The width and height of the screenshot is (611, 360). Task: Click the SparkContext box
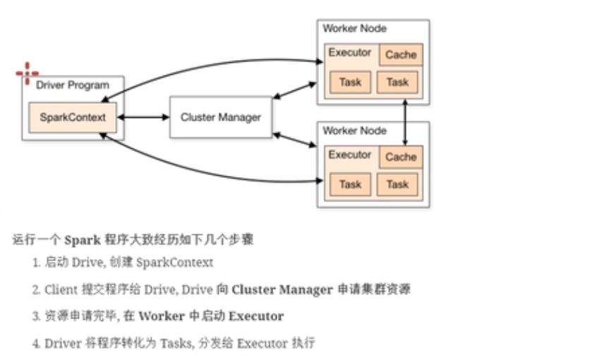click(x=73, y=117)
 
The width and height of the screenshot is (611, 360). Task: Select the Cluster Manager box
click(x=221, y=117)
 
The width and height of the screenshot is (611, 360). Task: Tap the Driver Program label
click(x=73, y=85)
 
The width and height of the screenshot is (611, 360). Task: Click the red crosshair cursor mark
click(x=27, y=72)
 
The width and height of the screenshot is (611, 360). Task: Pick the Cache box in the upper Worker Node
click(x=401, y=55)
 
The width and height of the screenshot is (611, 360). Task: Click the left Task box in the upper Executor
click(x=350, y=82)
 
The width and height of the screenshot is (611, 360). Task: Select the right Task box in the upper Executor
click(x=397, y=82)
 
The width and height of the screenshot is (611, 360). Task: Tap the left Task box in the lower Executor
click(x=350, y=184)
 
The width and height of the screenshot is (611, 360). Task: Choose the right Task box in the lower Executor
click(x=397, y=184)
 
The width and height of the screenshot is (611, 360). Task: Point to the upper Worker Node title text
click(x=354, y=28)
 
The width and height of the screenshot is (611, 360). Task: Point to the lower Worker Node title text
click(x=354, y=131)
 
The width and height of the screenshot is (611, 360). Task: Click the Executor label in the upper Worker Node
click(x=350, y=53)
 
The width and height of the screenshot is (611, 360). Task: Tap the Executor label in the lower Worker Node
click(x=350, y=155)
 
